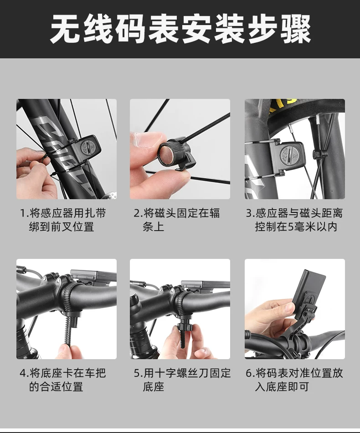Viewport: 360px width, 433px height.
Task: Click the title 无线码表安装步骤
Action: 180,29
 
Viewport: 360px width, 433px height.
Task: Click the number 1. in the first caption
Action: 24,213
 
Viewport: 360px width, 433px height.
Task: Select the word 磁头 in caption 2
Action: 165,213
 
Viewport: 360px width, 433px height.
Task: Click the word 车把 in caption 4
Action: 95,373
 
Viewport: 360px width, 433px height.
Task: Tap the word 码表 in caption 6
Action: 277,373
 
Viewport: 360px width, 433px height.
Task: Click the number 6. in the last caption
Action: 251,373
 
